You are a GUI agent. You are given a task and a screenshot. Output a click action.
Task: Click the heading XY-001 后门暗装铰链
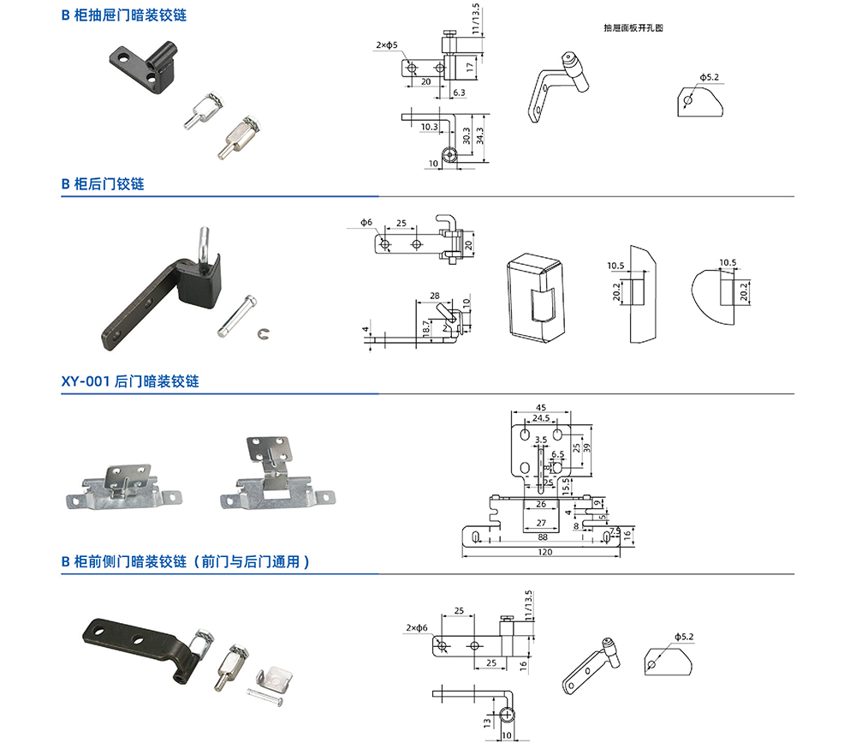(130, 381)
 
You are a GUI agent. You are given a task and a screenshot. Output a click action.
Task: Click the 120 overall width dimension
(545, 552)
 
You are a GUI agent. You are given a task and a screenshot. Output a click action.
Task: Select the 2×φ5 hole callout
(386, 45)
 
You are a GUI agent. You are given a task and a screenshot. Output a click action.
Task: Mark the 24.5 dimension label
(541, 418)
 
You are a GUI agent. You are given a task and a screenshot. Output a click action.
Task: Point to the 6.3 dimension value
(459, 92)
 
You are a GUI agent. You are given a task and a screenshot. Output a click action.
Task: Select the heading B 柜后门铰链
(103, 184)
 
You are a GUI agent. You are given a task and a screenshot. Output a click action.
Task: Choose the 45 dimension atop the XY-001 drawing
(540, 407)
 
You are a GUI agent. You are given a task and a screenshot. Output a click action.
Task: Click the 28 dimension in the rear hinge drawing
(434, 295)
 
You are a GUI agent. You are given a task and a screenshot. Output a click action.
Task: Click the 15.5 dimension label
(567, 485)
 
